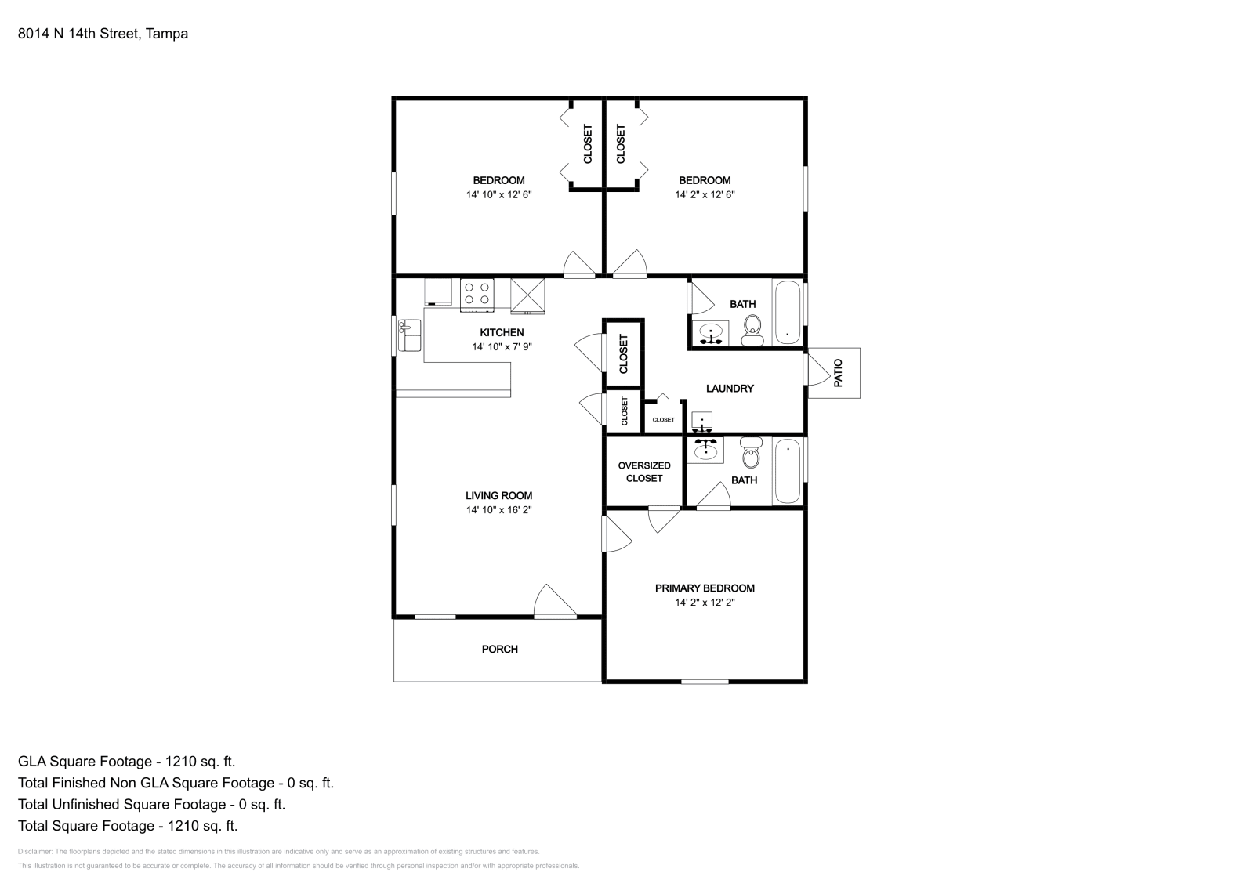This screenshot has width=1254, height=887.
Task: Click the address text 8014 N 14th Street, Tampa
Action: click(103, 34)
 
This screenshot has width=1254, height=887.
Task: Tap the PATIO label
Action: click(838, 373)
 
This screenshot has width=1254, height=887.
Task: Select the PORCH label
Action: click(500, 649)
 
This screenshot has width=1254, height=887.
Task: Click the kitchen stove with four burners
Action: click(477, 295)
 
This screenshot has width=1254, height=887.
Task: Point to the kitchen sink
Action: click(409, 335)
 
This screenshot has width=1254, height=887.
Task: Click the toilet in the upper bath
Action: click(753, 331)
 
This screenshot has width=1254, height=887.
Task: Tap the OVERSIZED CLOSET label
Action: click(644, 472)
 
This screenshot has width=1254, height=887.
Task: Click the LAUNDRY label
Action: click(730, 389)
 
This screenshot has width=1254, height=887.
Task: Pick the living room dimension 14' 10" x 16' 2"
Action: click(498, 510)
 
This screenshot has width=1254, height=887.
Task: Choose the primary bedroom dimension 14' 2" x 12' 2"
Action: click(705, 603)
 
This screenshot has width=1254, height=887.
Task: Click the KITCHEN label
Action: click(502, 332)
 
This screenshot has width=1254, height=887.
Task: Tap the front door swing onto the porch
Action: click(556, 602)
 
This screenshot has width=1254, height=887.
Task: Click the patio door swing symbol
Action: click(817, 369)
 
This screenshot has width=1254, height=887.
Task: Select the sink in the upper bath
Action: click(711, 334)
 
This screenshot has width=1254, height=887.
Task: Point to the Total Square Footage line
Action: click(128, 826)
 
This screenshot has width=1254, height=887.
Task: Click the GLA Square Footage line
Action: click(126, 762)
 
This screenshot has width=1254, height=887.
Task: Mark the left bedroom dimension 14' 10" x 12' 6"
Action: click(498, 195)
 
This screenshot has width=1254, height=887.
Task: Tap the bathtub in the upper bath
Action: click(788, 313)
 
